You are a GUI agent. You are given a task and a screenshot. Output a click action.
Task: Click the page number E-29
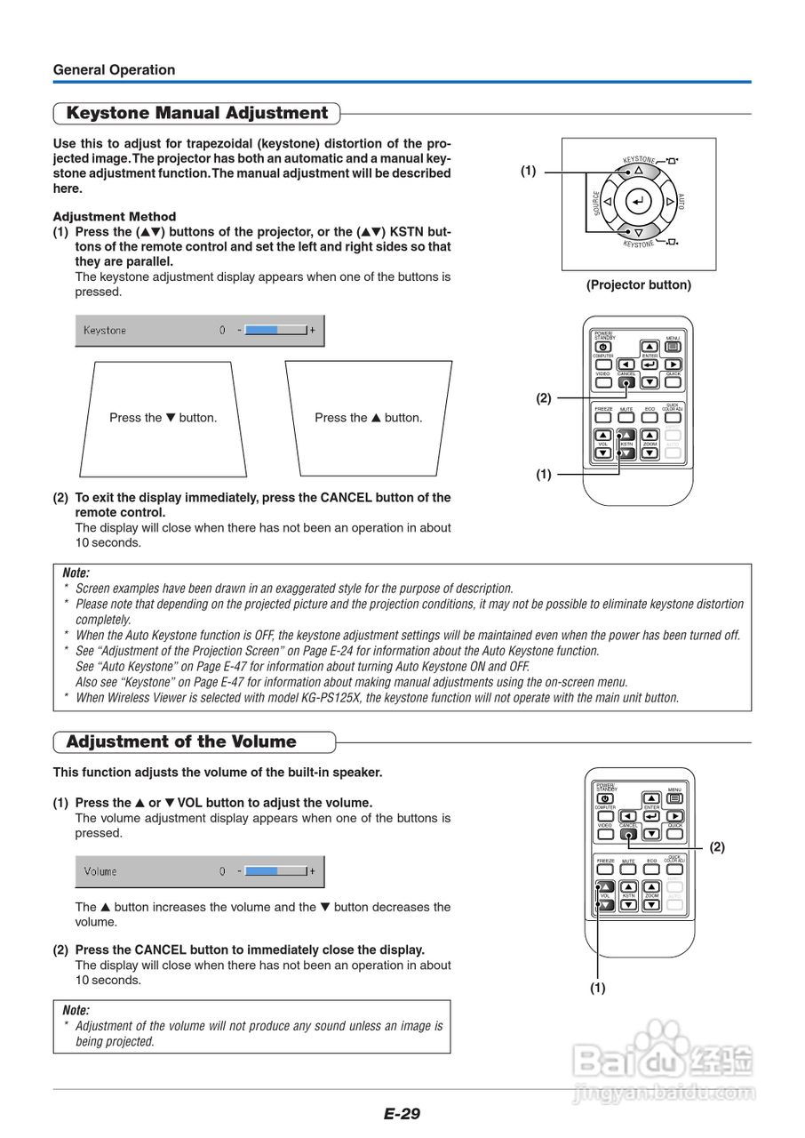[402, 1114]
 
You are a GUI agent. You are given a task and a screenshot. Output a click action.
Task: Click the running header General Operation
[114, 70]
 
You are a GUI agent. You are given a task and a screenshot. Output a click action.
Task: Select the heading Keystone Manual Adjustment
[197, 113]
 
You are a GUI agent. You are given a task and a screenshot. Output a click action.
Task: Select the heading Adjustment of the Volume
[181, 741]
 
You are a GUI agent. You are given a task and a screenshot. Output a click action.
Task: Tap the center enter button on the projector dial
[638, 202]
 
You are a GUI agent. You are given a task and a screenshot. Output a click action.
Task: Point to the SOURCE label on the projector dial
[597, 204]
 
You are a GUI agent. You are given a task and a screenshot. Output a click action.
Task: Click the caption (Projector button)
[638, 285]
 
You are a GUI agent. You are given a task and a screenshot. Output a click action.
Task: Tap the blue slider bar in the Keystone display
[262, 331]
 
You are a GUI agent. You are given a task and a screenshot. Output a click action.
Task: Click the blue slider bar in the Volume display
[262, 871]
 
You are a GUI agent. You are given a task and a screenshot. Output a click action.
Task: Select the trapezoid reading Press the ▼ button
[163, 418]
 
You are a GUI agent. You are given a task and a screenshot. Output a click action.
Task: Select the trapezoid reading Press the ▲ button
[368, 418]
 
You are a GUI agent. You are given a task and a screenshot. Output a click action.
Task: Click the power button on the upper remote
[603, 347]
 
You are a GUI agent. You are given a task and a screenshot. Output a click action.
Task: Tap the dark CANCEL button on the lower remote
[628, 833]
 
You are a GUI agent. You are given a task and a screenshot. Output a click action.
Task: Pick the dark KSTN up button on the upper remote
[626, 435]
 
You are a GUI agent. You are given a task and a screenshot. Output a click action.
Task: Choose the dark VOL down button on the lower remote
[605, 905]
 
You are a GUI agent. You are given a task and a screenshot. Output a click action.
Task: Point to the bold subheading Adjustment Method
[115, 216]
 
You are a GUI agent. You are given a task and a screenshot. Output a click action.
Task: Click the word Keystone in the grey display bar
[105, 331]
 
